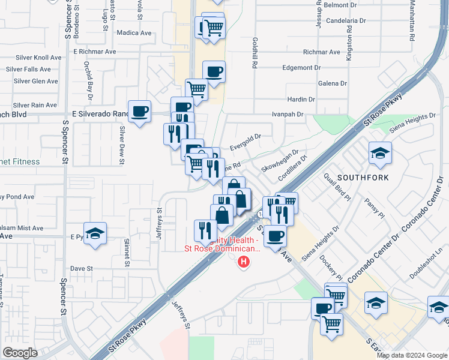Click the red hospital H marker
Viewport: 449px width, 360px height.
pos(244,262)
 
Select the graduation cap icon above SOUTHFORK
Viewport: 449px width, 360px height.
pos(380,154)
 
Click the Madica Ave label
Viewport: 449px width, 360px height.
pos(134,33)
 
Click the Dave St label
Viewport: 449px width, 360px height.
pos(80,268)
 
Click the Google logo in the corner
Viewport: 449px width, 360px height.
pos(20,353)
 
